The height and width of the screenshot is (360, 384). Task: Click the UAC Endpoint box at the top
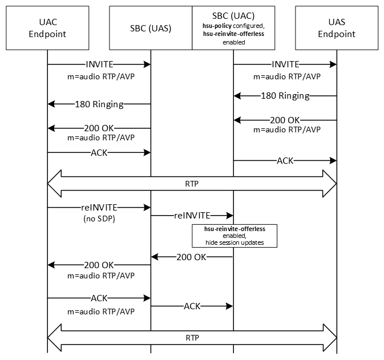tap(48, 28)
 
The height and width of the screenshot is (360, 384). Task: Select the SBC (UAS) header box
tap(151, 28)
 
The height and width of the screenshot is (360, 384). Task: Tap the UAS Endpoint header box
tap(337, 28)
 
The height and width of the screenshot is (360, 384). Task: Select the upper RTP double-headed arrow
tap(192, 184)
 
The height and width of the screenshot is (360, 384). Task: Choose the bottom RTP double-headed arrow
tap(192, 337)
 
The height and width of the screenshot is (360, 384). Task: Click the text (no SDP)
tap(99, 218)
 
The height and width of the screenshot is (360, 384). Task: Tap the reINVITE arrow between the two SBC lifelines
tap(192, 215)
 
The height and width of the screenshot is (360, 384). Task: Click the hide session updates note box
tap(234, 236)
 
